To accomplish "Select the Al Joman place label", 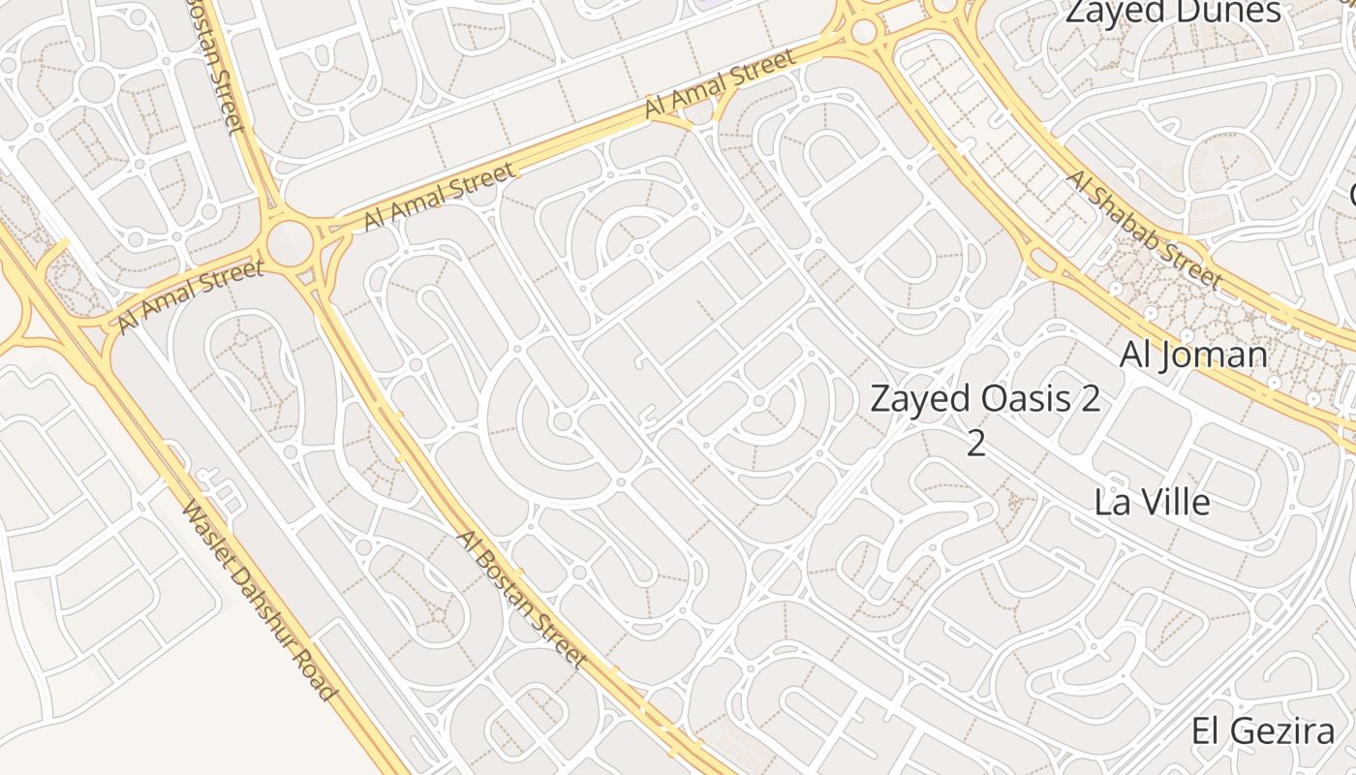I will (x=1193, y=355).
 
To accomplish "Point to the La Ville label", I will (x=1152, y=502).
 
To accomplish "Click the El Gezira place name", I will (x=1263, y=730).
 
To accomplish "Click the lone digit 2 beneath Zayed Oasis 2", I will (x=976, y=443).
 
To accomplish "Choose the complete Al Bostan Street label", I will (x=522, y=598).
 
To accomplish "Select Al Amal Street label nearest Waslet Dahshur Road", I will (x=190, y=295).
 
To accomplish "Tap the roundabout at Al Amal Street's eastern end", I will (x=862, y=30).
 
